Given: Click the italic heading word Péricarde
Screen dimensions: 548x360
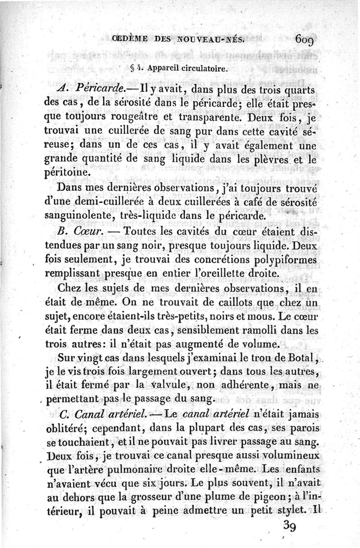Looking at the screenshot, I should tap(91, 88).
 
